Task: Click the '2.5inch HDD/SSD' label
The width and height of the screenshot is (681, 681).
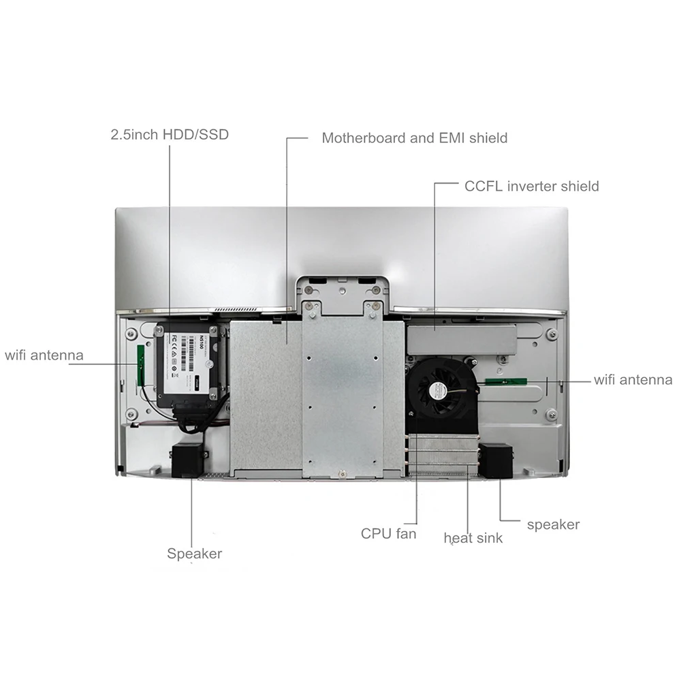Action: click(170, 134)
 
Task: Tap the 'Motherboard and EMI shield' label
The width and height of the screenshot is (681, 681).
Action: click(414, 138)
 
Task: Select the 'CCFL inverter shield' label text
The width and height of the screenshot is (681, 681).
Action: click(531, 186)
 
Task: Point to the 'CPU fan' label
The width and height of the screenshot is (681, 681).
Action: click(388, 533)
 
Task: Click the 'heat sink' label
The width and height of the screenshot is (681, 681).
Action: click(473, 538)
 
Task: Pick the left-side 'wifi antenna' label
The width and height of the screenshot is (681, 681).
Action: click(44, 355)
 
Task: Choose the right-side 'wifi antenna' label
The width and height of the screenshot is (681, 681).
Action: click(633, 380)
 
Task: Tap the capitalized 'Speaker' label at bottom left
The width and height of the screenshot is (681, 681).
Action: click(194, 554)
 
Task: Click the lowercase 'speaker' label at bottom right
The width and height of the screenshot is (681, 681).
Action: click(553, 524)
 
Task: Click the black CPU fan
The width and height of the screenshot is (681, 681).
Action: click(439, 390)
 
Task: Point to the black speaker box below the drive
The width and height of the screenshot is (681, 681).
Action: click(188, 460)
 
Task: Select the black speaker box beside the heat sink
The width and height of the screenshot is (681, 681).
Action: click(495, 461)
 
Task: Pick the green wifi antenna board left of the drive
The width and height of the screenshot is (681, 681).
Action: click(142, 364)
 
